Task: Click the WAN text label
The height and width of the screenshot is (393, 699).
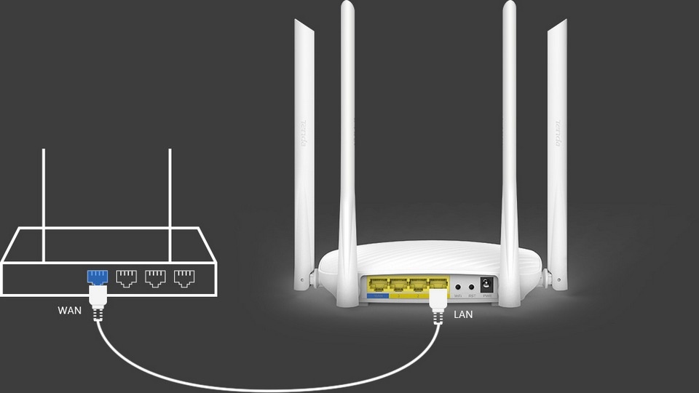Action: (x=70, y=311)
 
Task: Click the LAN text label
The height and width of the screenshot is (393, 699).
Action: (x=464, y=315)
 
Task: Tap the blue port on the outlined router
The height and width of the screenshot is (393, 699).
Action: (x=98, y=277)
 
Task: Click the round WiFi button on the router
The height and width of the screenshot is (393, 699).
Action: (x=458, y=286)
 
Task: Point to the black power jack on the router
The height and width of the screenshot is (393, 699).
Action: (x=486, y=285)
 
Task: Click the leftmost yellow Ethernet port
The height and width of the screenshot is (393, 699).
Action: (x=379, y=285)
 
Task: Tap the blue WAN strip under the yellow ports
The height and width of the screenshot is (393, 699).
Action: (x=379, y=296)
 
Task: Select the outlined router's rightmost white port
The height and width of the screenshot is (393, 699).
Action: (x=183, y=277)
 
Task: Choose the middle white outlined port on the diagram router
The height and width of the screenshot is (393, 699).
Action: (x=155, y=277)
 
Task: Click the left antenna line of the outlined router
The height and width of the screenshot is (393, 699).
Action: (x=44, y=204)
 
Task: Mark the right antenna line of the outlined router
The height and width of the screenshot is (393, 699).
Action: (x=170, y=204)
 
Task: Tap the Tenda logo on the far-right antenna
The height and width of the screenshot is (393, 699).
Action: (x=558, y=135)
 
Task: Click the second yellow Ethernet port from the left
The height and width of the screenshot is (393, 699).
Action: (x=398, y=285)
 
